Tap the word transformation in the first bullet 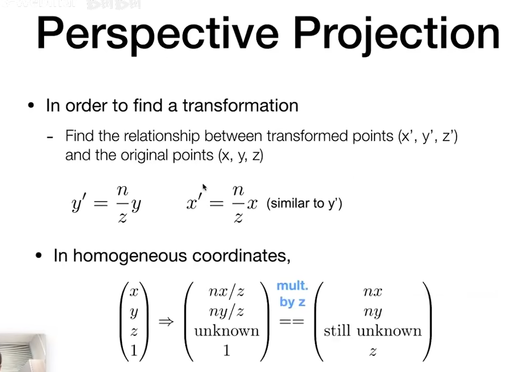[x=240, y=106]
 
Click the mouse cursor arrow [x=204, y=187]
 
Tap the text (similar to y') [x=304, y=204]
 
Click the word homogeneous [x=130, y=256]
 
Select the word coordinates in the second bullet [x=241, y=256]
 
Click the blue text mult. [x=292, y=286]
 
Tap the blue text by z [x=293, y=302]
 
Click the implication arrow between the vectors [x=166, y=322]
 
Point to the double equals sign [x=292, y=322]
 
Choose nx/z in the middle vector [x=227, y=292]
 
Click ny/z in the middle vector [x=227, y=312]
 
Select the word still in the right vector [x=337, y=331]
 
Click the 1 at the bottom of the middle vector [x=227, y=350]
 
